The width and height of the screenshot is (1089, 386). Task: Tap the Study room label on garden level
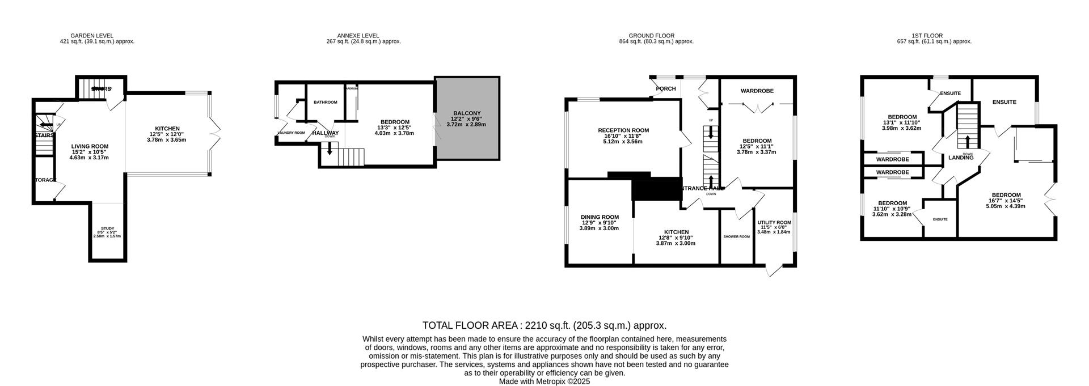pyautogui.click(x=107, y=228)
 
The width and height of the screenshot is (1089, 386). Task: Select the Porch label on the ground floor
pyautogui.click(x=665, y=88)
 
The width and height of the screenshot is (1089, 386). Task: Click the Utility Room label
pyautogui.click(x=774, y=223)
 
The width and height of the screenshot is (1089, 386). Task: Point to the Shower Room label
pyautogui.click(x=736, y=236)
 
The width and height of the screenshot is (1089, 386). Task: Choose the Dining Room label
pyautogui.click(x=599, y=217)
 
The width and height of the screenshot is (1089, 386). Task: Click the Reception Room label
pyautogui.click(x=623, y=130)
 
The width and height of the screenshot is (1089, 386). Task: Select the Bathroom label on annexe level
pyautogui.click(x=325, y=102)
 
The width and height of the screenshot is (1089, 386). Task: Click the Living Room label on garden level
pyautogui.click(x=90, y=146)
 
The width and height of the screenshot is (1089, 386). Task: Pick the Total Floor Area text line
pyautogui.click(x=544, y=325)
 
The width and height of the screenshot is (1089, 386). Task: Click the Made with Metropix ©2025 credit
pyautogui.click(x=544, y=381)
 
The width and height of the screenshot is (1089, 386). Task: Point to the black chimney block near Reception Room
pyautogui.click(x=656, y=189)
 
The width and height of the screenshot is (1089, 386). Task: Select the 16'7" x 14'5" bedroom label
pyautogui.click(x=1005, y=195)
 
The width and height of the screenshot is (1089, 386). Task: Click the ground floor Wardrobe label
pyautogui.click(x=757, y=91)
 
